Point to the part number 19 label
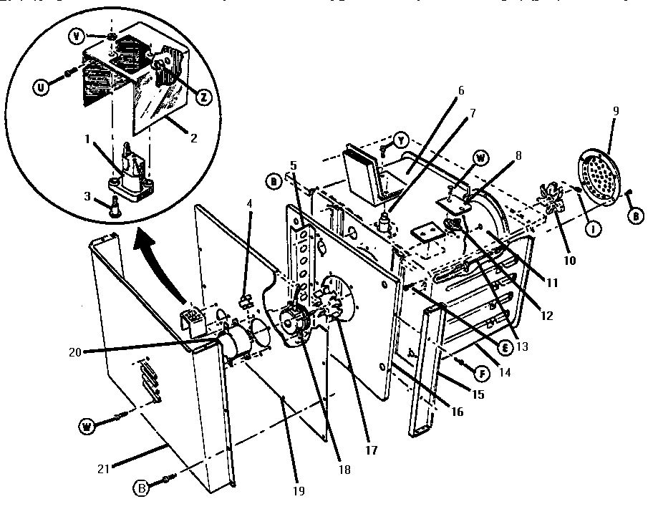(299, 491)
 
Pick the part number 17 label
(372, 450)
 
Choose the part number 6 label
(461, 91)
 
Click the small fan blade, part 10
(553, 201)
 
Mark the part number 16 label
(457, 412)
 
